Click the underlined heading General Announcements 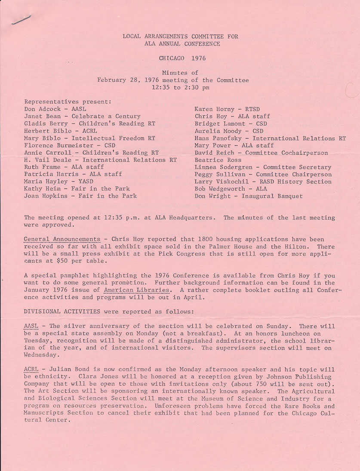tap(64, 238)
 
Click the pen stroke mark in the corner tap(22, 20)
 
